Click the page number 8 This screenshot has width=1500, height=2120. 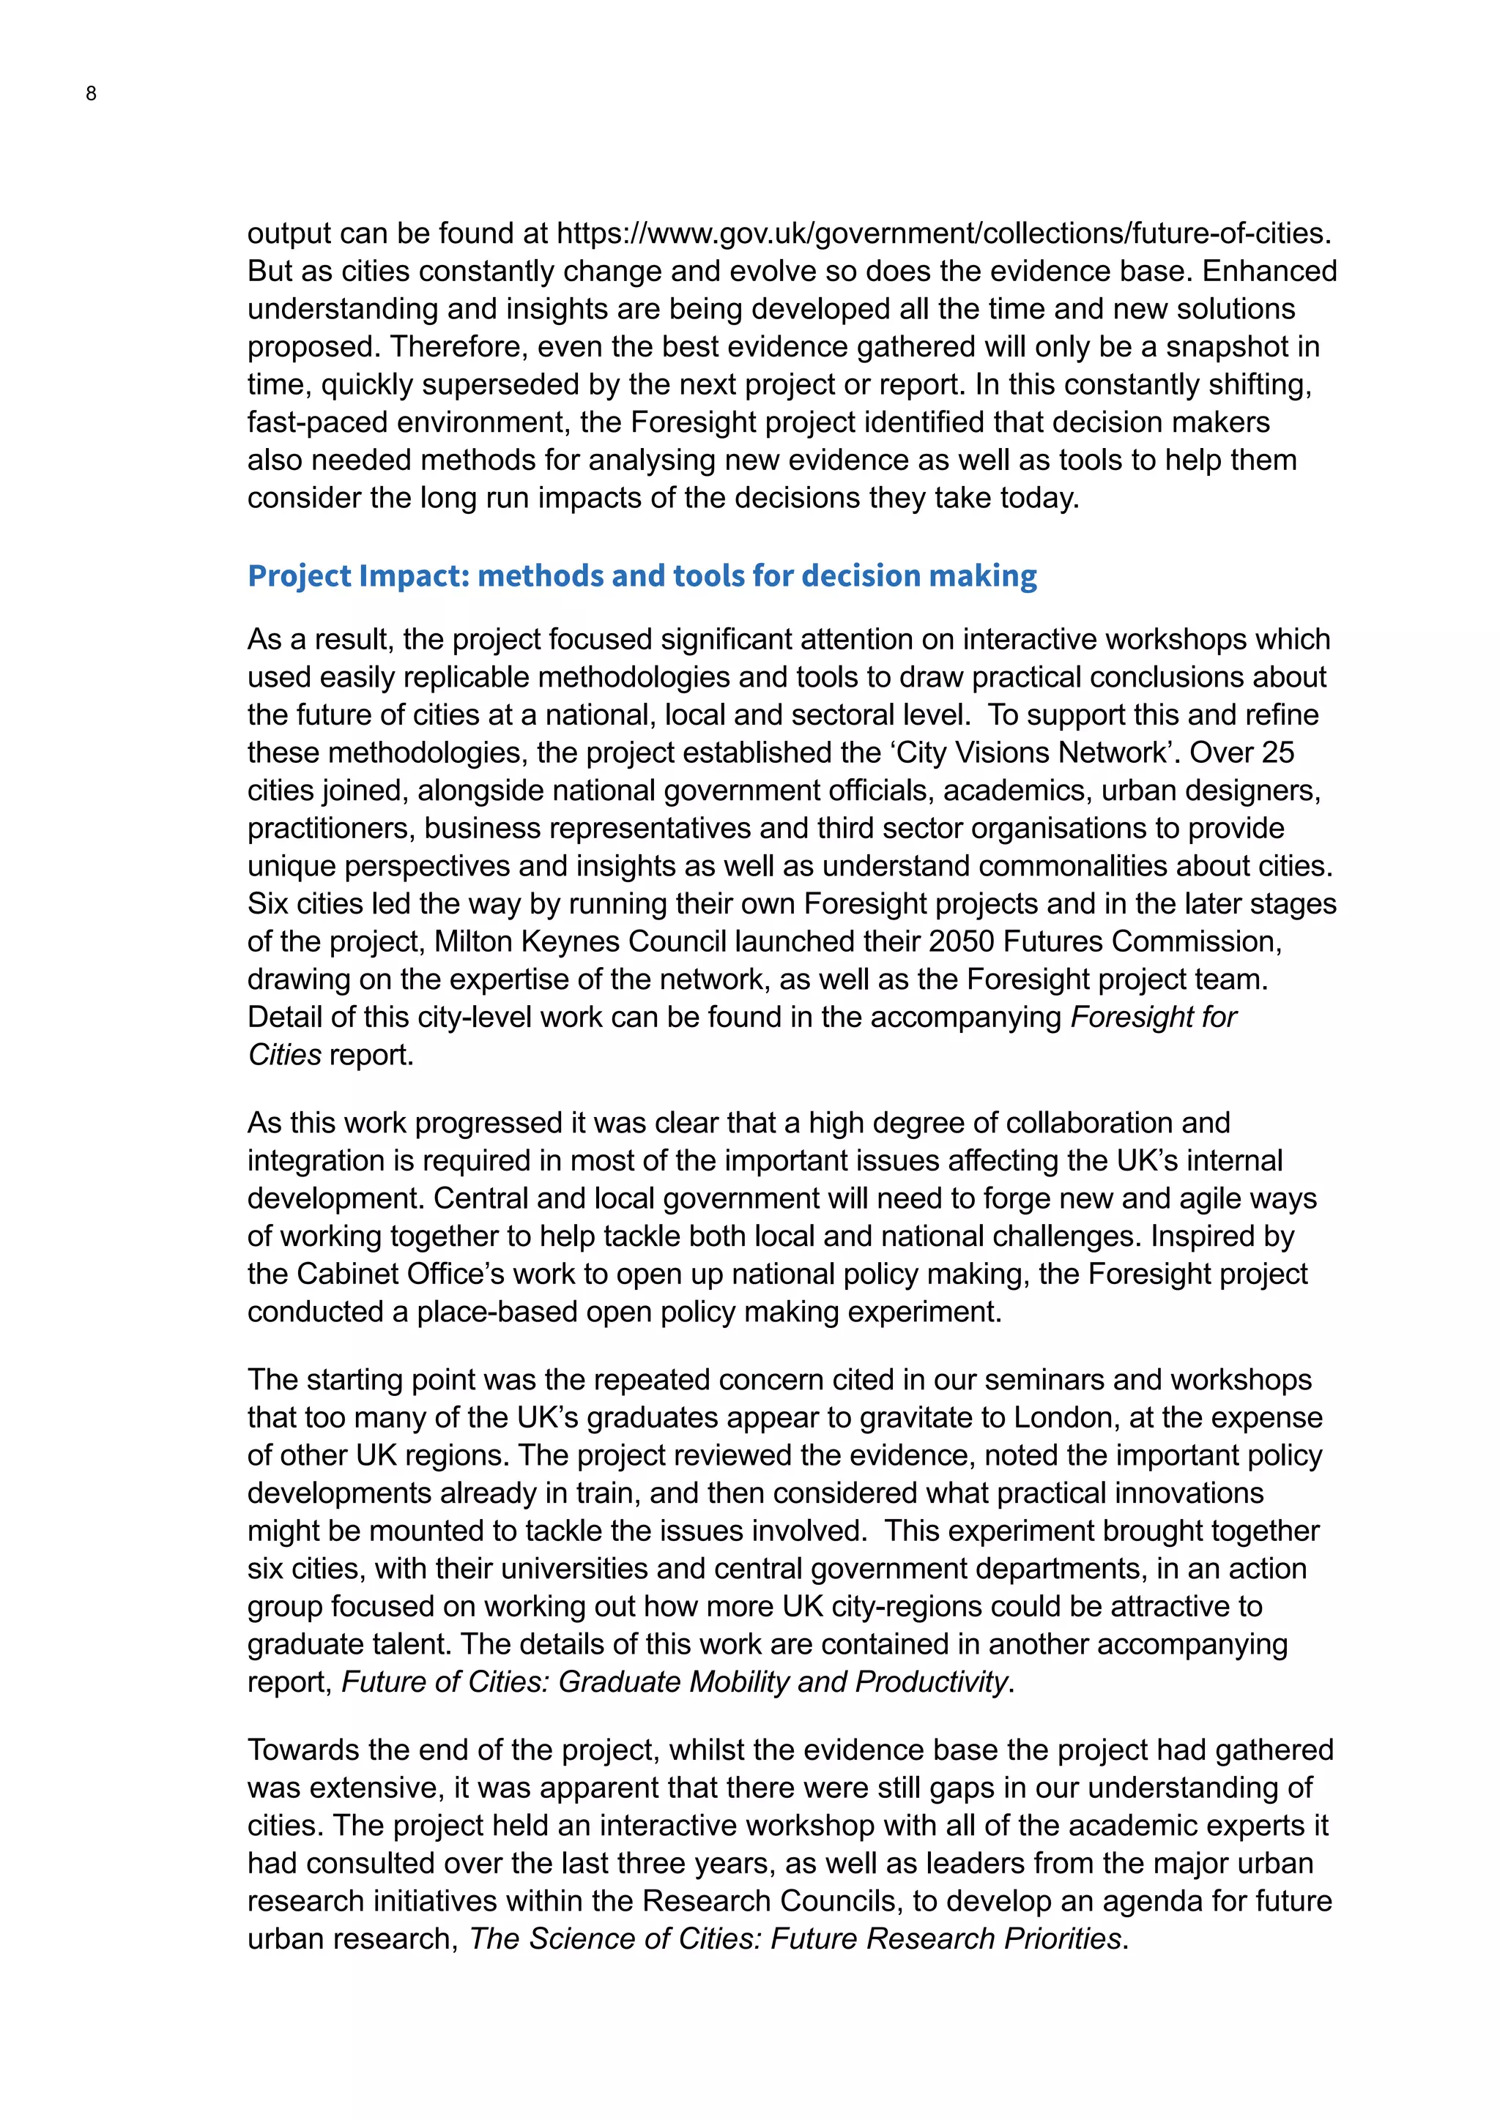tap(91, 93)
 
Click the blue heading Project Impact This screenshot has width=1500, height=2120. tap(642, 575)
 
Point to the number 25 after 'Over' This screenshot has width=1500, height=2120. tap(1277, 753)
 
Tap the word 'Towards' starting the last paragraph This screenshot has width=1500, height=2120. tap(301, 1750)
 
